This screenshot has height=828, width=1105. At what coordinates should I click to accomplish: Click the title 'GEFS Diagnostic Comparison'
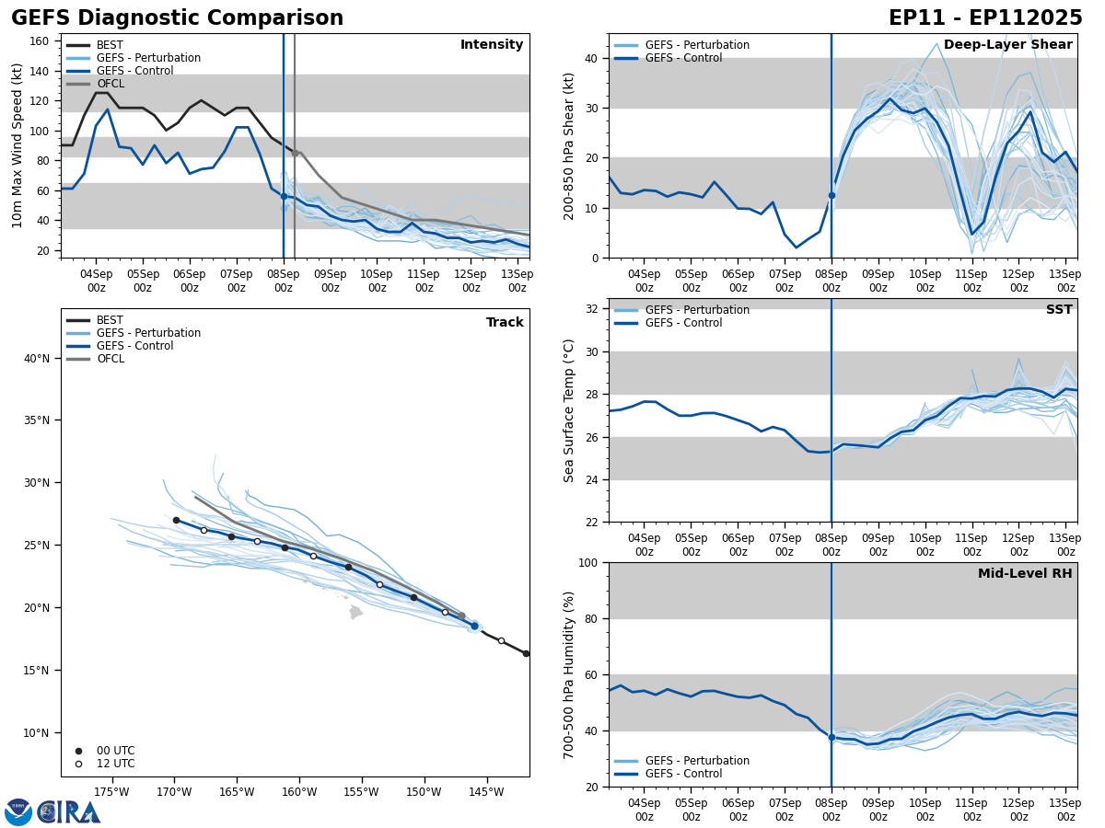click(177, 18)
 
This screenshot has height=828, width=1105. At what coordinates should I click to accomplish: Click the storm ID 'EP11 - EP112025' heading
click(985, 18)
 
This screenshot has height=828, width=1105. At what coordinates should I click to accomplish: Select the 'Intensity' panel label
click(492, 45)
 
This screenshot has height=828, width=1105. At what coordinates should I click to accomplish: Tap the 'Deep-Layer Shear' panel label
click(1007, 45)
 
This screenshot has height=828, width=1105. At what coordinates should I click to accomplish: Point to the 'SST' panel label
click(1059, 310)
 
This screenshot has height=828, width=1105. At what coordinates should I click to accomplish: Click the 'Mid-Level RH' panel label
click(1025, 574)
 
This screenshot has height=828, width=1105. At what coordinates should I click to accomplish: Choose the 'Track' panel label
click(505, 323)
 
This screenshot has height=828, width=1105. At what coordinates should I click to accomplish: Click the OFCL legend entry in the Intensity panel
click(110, 84)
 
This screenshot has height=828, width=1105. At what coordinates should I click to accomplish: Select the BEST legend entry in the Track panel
click(110, 321)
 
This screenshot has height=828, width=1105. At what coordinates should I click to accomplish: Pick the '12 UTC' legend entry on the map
click(115, 764)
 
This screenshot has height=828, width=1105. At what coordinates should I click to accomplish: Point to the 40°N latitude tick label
click(37, 359)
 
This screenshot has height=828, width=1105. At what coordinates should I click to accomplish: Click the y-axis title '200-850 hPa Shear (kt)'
click(570, 145)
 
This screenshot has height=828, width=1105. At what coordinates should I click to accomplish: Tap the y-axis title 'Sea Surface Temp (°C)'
click(570, 410)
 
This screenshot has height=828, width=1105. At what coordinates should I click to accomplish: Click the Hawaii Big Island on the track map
click(355, 612)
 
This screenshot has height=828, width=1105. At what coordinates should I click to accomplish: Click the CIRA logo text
click(69, 812)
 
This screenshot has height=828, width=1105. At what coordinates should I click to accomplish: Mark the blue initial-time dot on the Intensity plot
click(284, 196)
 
